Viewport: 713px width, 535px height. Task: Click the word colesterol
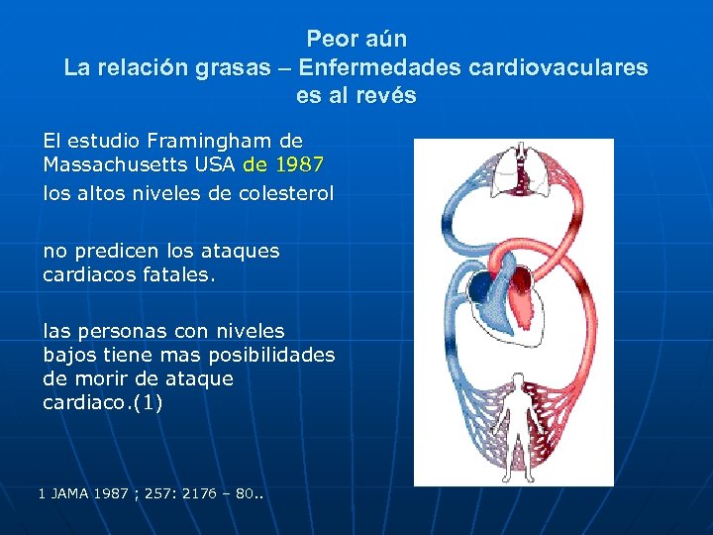point(285,193)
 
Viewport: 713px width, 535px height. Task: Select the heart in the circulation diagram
point(505,292)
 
